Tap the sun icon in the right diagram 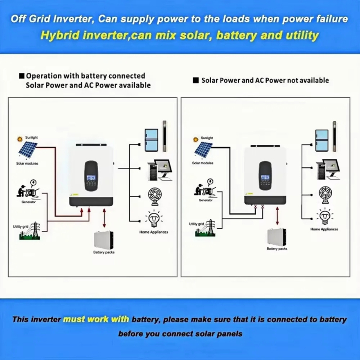pos(196,139)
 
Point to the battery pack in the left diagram pos(104,239)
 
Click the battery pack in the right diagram pos(276,237)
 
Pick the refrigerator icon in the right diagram pos(321,140)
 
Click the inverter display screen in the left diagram pos(91,178)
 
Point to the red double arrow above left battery pos(104,218)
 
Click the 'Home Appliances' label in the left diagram pos(154,232)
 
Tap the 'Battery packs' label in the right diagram pos(277,249)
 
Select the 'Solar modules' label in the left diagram pos(27,163)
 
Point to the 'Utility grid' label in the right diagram pos(197,224)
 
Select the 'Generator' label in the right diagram pos(206,200)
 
